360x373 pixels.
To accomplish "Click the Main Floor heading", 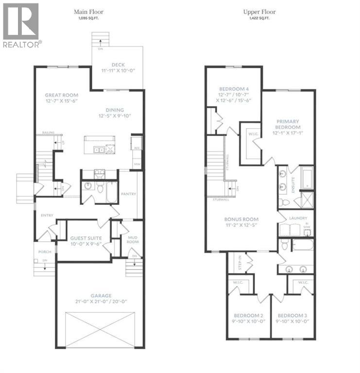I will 88,11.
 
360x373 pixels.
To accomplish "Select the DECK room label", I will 118,65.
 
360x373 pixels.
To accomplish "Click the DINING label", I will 115,110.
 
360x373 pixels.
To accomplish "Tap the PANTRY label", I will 129,194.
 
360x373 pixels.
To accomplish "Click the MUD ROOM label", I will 133,239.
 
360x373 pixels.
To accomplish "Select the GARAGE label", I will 100,295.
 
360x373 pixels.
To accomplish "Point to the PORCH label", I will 45,252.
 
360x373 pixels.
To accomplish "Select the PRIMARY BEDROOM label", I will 288,124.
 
